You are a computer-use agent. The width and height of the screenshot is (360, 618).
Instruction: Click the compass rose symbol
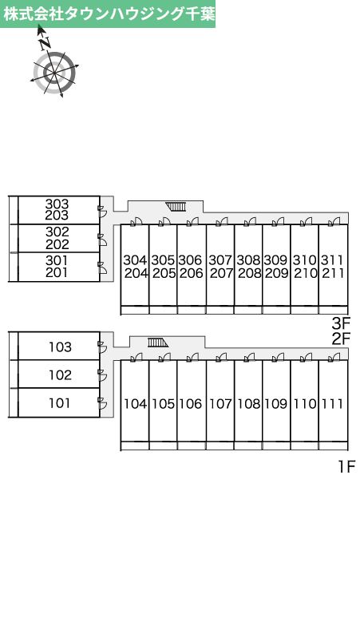54,72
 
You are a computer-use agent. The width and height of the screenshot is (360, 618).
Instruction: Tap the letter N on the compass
45,43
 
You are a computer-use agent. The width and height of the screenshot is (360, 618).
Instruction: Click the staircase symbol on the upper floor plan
176,207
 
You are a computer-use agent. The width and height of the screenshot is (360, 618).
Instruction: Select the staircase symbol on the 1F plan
158,343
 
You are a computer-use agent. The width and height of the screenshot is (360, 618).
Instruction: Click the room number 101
60,403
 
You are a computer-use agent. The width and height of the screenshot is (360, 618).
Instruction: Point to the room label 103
60,347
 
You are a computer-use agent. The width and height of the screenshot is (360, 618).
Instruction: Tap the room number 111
333,403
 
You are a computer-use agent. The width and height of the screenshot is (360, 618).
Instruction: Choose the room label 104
135,403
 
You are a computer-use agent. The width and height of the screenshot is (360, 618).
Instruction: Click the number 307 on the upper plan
220,260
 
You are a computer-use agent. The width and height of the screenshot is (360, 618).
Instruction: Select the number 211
333,273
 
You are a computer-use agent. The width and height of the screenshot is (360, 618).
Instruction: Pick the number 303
57,204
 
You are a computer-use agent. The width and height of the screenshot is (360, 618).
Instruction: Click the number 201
57,272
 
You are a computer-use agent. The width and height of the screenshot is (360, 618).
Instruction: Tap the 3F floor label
341,324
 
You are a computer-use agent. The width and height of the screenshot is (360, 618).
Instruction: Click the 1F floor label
346,467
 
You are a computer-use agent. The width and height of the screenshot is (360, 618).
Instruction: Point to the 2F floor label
341,339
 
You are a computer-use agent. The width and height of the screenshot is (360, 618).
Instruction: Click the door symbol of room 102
102,374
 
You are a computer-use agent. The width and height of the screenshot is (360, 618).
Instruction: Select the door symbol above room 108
249,358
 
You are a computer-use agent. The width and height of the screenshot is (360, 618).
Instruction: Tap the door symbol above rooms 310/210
306,221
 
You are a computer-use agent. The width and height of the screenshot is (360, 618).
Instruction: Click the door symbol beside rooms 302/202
102,238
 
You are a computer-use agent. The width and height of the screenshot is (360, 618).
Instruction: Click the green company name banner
108,14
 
